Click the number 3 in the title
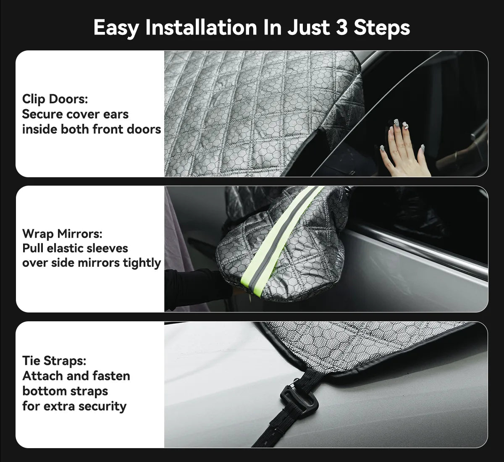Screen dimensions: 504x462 click(341, 27)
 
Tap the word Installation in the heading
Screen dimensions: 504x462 click(201, 27)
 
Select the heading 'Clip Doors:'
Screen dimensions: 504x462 click(55, 99)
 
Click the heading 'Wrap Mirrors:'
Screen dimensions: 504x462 click(62, 234)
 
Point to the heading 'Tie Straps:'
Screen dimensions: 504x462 click(54, 361)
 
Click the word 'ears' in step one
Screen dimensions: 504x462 click(116, 114)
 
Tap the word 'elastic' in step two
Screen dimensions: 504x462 click(64, 248)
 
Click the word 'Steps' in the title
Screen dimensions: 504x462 click(382, 28)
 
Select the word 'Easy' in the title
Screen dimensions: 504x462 click(116, 28)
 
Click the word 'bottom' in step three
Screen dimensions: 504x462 click(65, 391)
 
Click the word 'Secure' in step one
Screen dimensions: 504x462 click(42, 114)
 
